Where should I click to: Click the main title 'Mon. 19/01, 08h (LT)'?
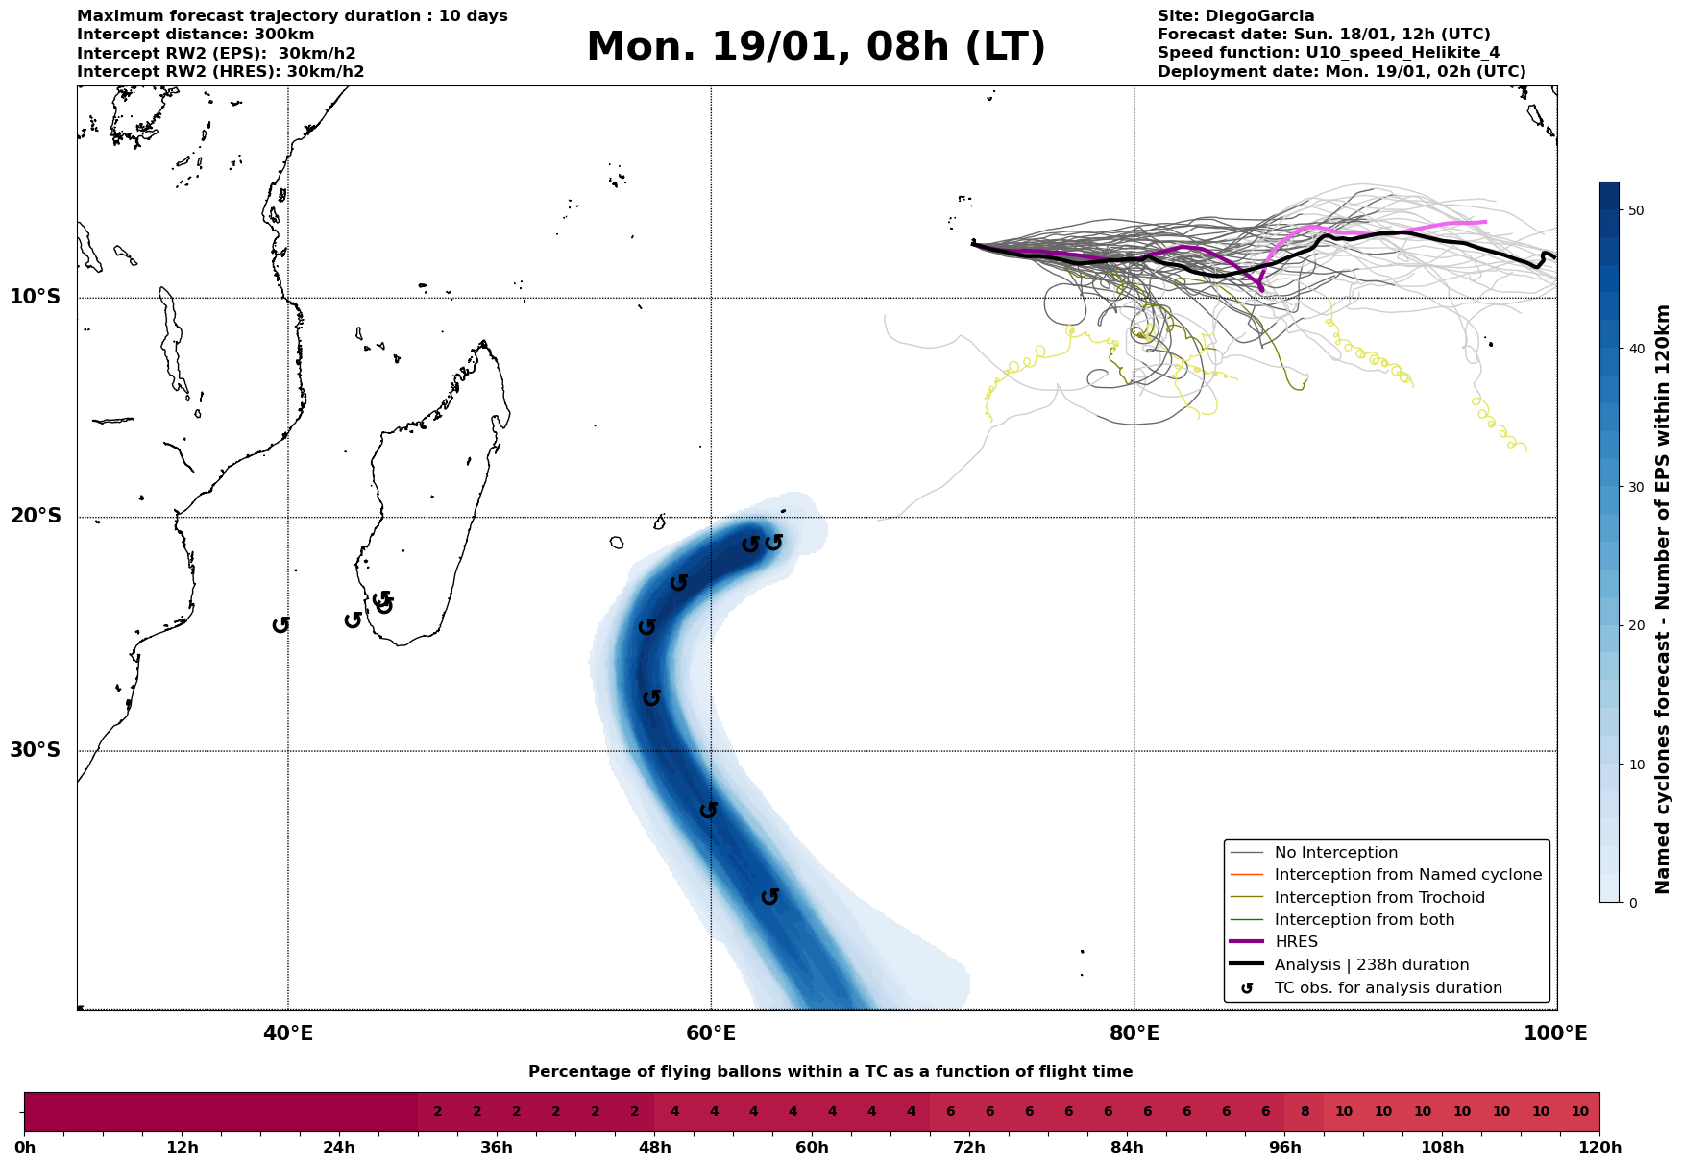coord(816,47)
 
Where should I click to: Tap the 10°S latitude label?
coord(36,297)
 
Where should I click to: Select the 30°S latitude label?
coord(36,750)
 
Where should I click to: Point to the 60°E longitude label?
coord(711,1033)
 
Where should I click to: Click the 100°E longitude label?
coord(1556,1033)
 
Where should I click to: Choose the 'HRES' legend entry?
coord(1296,942)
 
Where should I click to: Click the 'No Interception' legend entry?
coord(1335,853)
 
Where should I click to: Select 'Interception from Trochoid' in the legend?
coord(1379,898)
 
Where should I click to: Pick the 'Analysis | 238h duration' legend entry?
coord(1372,965)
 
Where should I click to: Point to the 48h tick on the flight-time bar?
coord(654,1148)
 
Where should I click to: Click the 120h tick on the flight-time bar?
coord(1599,1148)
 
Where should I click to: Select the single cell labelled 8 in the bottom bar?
coord(1305,1112)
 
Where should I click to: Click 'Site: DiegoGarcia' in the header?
coord(1235,16)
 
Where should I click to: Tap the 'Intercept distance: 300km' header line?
coord(195,35)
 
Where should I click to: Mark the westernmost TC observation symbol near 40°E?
coord(280,625)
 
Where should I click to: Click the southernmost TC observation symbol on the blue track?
coord(769,897)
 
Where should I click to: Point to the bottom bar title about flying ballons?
coord(830,1072)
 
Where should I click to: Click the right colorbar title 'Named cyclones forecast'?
coord(1663,599)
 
